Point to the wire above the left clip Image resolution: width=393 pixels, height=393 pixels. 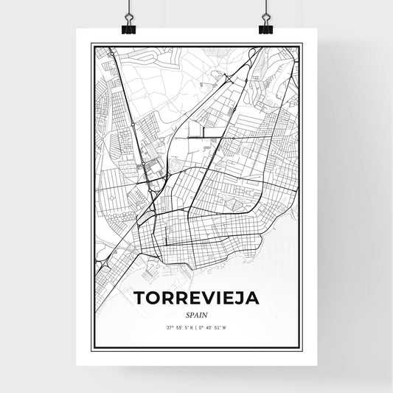click(128, 9)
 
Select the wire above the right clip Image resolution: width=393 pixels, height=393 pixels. click(265, 9)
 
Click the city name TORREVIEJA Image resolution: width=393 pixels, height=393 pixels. click(196, 299)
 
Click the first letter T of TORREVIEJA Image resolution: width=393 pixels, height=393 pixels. click(139, 299)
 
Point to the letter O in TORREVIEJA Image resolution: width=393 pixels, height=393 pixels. click(153, 299)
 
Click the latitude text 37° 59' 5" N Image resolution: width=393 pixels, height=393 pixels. click(179, 327)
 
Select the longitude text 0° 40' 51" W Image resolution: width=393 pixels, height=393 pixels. click(216, 327)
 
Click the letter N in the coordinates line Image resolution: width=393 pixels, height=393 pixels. click(192, 327)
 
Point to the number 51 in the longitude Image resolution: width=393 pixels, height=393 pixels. click(220, 327)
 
